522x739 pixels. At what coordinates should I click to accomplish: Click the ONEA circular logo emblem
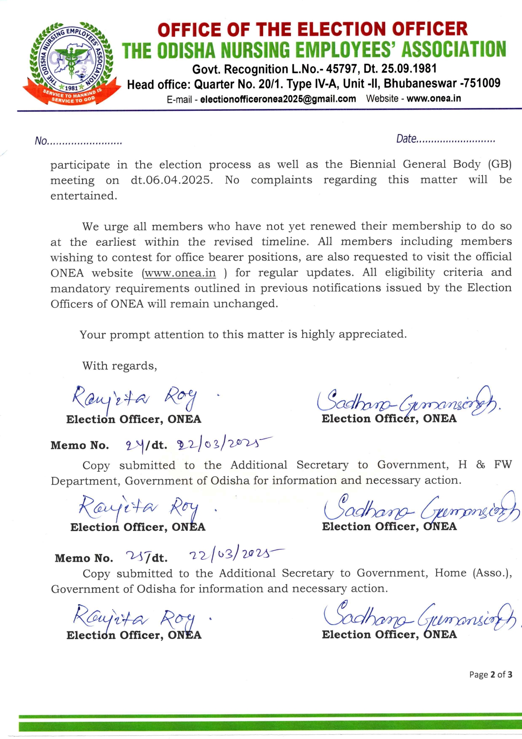(x=70, y=63)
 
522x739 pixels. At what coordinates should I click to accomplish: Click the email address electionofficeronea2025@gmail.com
(x=278, y=99)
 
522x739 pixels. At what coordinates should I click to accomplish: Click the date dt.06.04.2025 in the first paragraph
(x=171, y=180)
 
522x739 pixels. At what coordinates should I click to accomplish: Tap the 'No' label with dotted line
(x=78, y=141)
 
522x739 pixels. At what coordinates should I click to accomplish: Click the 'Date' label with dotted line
(x=445, y=139)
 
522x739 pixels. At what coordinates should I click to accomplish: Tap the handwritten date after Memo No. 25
(x=236, y=554)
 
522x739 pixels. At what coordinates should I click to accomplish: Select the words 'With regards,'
(x=120, y=366)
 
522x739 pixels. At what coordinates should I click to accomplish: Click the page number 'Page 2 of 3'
(x=490, y=675)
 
